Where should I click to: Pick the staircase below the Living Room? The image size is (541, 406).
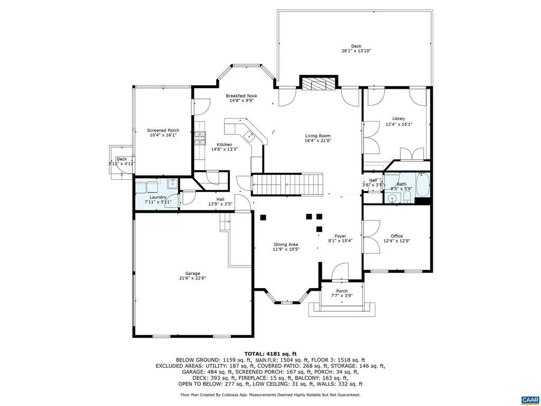(288, 184)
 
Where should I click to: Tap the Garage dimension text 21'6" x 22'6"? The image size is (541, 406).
(192, 279)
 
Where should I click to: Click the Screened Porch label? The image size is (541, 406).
(163, 130)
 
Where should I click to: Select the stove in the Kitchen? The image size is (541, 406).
(200, 139)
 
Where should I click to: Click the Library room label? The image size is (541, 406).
(398, 118)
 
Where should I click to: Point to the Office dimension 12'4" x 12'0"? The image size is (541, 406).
(396, 242)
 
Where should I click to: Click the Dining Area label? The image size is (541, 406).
(286, 244)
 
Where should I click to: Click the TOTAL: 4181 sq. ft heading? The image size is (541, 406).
(270, 354)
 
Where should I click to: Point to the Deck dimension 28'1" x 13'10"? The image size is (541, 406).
(356, 51)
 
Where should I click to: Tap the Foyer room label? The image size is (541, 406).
(340, 236)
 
